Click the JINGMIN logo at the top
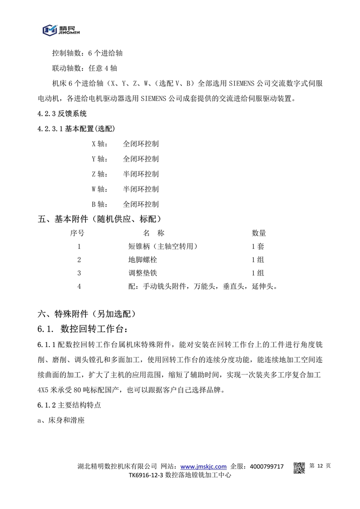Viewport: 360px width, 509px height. pyautogui.click(x=62, y=30)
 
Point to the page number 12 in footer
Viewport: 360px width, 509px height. pyautogui.click(x=320, y=466)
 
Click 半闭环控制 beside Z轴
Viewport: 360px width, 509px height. pyautogui.click(x=141, y=174)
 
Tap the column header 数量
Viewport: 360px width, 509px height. pyautogui.click(x=258, y=233)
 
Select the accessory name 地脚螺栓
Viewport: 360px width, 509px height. pyautogui.click(x=143, y=260)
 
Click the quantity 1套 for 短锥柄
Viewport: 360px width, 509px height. pyautogui.click(x=258, y=247)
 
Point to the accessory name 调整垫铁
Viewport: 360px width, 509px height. pyautogui.click(x=143, y=273)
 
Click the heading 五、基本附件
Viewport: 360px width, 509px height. pyautogui.click(x=100, y=219)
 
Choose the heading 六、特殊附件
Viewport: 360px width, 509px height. pyautogui.click(x=86, y=313)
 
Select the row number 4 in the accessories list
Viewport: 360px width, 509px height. pyautogui.click(x=79, y=286)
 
